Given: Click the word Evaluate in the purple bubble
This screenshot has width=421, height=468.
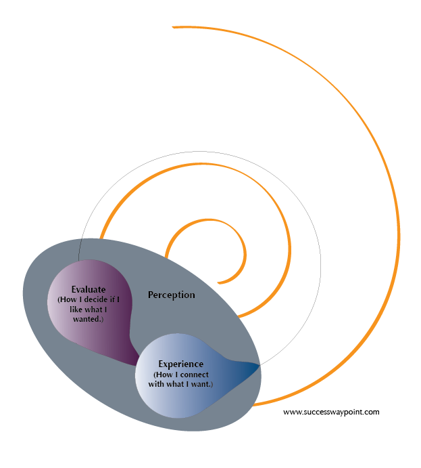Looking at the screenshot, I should tap(88, 290).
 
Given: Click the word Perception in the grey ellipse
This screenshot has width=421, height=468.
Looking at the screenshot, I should tap(171, 295).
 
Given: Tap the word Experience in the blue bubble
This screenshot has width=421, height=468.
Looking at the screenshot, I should tap(180, 364).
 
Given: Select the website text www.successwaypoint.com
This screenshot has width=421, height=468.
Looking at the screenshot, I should tap(331, 411).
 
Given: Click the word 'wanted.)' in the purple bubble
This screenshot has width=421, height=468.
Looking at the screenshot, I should tap(88, 318).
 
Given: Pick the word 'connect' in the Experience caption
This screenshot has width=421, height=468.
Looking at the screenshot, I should tap(195, 375).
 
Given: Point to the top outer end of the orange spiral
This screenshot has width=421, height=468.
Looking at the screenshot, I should tap(174, 27).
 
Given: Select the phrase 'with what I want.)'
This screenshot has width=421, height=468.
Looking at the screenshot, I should tap(183, 384).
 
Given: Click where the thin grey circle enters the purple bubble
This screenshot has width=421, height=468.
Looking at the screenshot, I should tap(79, 261).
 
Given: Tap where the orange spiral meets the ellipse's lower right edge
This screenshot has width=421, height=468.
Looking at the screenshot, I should tap(254, 405).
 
